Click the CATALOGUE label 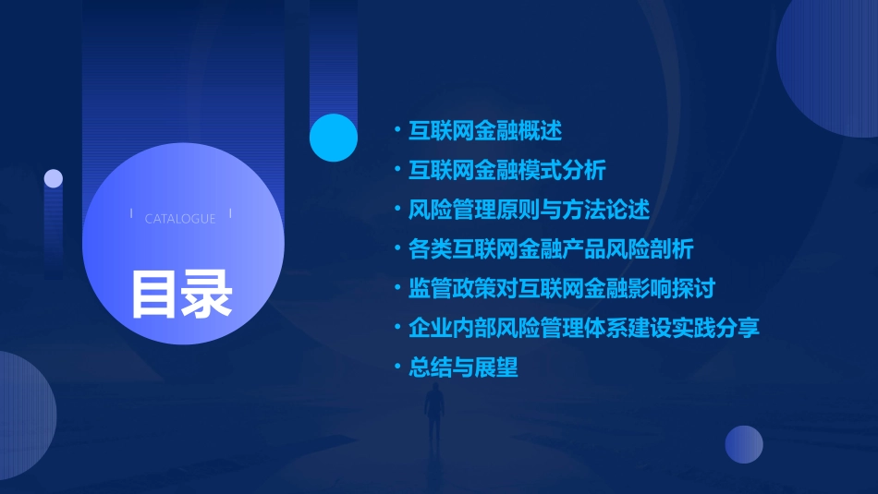180,219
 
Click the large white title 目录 181,294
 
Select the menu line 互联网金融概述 485,130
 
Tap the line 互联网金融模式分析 507,170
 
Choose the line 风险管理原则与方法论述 530,210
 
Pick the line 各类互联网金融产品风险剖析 551,249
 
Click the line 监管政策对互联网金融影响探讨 562,288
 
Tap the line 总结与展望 463,367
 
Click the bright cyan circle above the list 334,138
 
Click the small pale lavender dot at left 54,178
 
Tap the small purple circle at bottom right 744,444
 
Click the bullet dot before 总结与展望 396,367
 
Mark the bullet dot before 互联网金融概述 396,130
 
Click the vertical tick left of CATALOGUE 132,214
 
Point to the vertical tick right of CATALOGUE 230,214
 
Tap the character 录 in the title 207,294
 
